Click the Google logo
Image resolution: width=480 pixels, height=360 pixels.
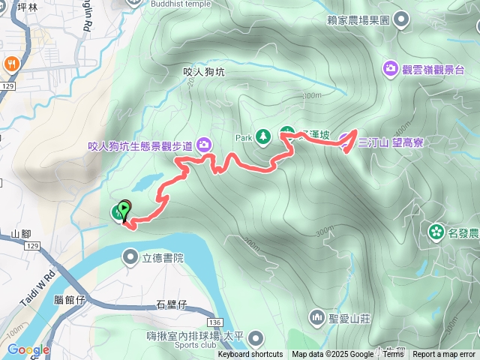(x=28, y=349)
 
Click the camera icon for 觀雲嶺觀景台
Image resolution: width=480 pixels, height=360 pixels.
(x=391, y=69)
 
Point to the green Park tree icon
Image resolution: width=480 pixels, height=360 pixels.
(x=263, y=136)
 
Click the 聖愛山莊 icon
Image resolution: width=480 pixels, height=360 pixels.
(x=317, y=318)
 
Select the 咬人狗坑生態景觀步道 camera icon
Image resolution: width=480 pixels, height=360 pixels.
(x=203, y=145)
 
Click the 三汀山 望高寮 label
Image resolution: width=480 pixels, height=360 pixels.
(x=391, y=142)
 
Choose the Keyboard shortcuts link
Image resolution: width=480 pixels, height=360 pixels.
(x=250, y=354)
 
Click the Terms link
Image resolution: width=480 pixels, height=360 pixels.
(x=393, y=354)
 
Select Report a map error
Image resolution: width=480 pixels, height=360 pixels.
(x=444, y=354)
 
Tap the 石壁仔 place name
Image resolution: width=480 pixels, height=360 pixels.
(x=172, y=304)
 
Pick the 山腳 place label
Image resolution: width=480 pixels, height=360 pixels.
(x=21, y=234)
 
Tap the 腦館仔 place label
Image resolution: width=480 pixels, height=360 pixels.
(x=71, y=298)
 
